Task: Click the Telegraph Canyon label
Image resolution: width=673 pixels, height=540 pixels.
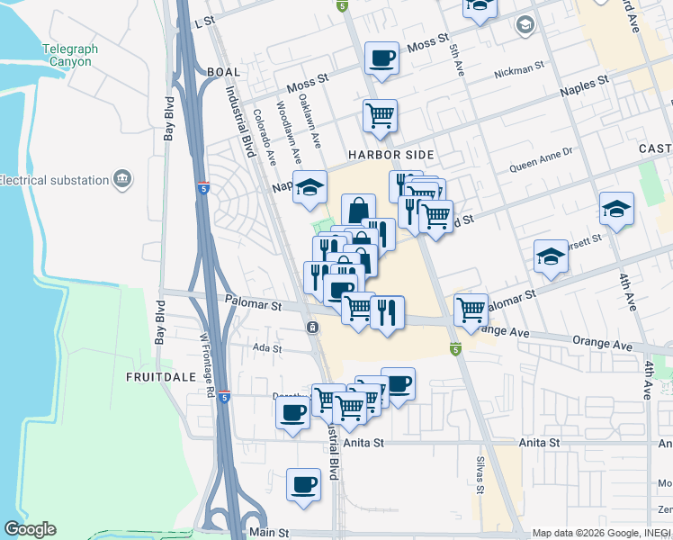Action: [67, 56]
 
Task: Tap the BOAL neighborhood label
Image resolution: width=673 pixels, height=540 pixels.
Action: [224, 72]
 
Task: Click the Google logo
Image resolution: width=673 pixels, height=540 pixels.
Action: [30, 529]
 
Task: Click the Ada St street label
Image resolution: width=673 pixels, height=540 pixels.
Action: [267, 348]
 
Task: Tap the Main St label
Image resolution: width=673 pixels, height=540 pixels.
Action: [267, 533]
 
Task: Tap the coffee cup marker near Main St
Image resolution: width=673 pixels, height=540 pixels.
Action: [303, 483]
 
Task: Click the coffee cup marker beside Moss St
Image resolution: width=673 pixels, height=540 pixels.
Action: [381, 58]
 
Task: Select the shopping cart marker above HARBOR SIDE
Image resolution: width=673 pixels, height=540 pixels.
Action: [381, 114]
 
